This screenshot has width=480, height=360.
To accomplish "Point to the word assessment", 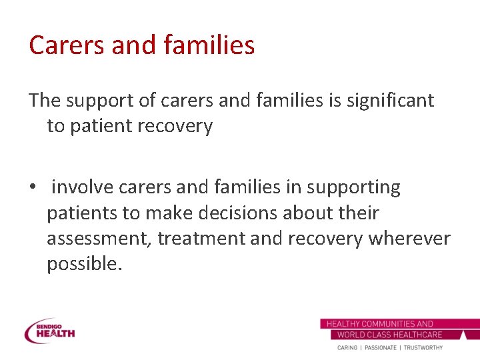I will point(100,239).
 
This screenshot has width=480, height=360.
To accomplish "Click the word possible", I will point(85,264).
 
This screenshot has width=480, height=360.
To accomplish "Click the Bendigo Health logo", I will point(50,331).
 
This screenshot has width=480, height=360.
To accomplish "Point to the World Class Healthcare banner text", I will point(390,335).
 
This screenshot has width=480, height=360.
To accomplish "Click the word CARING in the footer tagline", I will point(347,348).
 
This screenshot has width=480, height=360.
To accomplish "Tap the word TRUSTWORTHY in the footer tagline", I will point(423,348).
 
